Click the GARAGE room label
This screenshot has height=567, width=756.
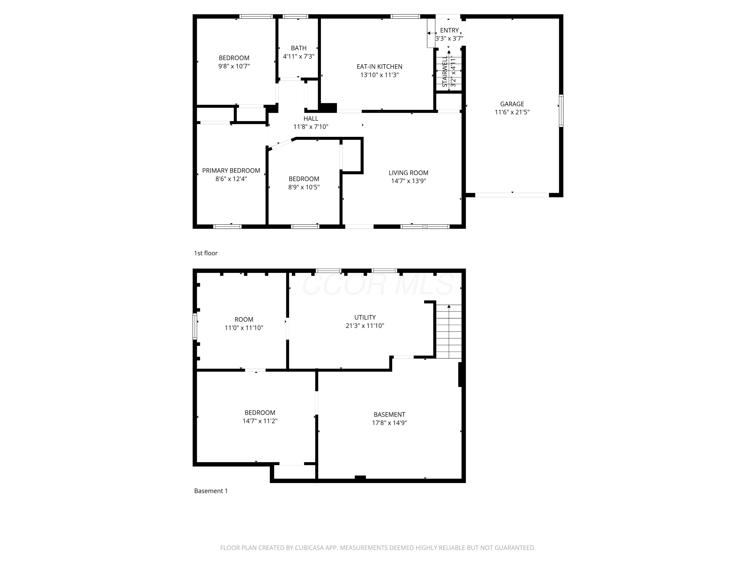[x=512, y=104]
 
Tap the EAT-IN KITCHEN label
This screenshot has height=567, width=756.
[x=379, y=67]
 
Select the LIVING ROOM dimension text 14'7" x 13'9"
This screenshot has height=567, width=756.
[x=408, y=181]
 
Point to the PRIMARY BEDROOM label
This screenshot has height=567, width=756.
[x=231, y=171]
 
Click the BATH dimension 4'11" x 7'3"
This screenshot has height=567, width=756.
[x=299, y=56]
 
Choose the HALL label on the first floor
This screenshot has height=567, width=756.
[x=311, y=119]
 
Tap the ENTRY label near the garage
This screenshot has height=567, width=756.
[x=449, y=30]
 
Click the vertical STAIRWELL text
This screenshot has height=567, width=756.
[x=445, y=71]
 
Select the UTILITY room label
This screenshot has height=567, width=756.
[x=365, y=318]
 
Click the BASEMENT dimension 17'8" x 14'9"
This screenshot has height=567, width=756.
[x=389, y=423]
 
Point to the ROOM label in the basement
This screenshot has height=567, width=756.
[x=244, y=320]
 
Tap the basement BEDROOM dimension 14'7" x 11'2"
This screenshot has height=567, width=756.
[x=260, y=421]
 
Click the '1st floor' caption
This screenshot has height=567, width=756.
[x=206, y=253]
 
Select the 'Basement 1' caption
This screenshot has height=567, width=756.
[x=211, y=491]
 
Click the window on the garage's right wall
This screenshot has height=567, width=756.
[x=561, y=111]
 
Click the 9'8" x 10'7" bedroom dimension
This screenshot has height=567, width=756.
[x=234, y=66]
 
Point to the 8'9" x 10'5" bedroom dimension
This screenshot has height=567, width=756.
[x=304, y=187]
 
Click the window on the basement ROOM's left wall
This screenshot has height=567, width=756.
[x=195, y=326]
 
